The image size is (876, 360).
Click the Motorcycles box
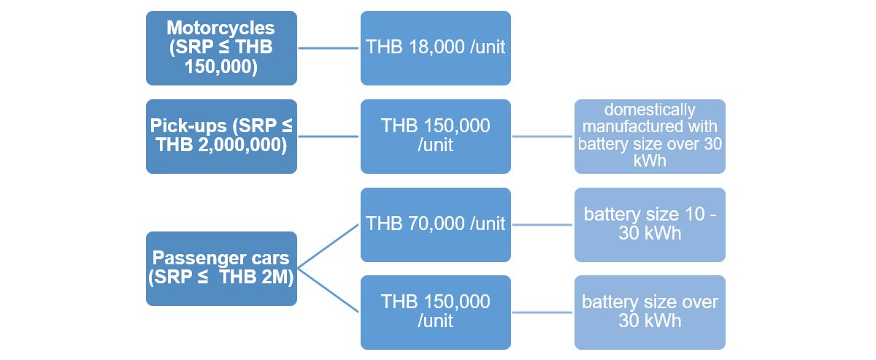pos(221,48)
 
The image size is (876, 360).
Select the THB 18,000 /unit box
pos(435,48)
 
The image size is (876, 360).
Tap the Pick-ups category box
pos(221,137)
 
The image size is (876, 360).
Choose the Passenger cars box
pos(221,269)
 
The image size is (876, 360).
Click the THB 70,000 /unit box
pos(435,224)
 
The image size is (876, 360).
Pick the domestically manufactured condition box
pos(650,137)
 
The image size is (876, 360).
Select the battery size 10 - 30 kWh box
pos(650,224)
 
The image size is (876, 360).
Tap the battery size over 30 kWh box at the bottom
pos(650,312)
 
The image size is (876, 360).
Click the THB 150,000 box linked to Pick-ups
pos(435,137)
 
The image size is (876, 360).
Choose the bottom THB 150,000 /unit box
pos(435,312)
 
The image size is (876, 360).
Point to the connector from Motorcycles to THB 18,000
pos(328,48)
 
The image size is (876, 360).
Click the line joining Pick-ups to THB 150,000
pos(328,137)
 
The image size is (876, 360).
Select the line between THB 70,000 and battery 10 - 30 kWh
pos(542,224)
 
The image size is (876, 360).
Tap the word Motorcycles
pos(220,28)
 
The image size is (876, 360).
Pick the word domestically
pos(650,110)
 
